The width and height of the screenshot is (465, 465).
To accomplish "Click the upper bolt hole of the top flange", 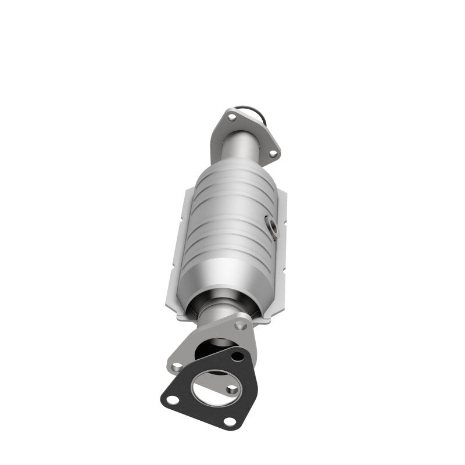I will click(231, 118).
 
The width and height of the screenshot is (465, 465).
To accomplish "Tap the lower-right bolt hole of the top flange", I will click(272, 153).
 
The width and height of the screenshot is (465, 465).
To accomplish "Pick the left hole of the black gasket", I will click(171, 399).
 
